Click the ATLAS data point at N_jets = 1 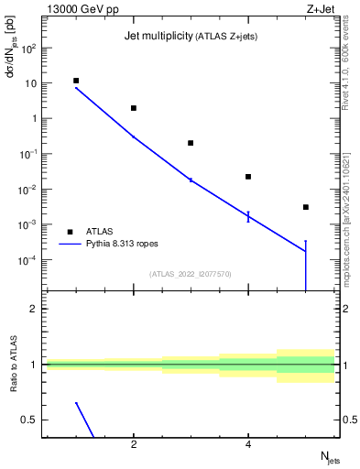(76, 81)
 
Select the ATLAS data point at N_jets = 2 (134, 108)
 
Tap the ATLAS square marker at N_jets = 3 (191, 143)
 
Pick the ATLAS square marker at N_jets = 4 (248, 177)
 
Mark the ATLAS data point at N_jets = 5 (306, 207)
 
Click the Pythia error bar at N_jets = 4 (248, 216)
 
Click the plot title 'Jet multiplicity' (157, 36)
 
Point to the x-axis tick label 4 (248, 446)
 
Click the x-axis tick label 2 (134, 446)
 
